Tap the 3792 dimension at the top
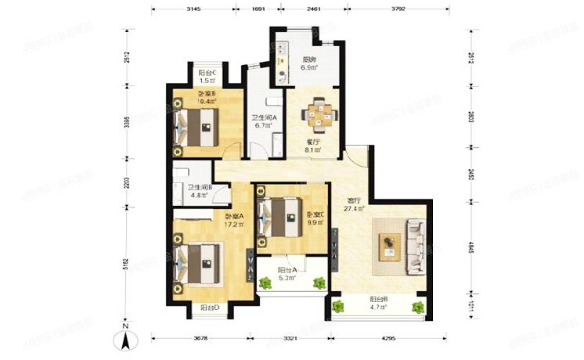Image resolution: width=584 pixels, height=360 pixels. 398,10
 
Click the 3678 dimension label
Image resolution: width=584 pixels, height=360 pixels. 203,339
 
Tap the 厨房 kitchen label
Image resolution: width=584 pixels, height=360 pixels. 308,59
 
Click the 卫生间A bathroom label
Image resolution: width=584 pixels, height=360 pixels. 262,117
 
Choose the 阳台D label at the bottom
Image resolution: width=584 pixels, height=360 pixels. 209,308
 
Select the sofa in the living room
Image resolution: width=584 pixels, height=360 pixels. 413,246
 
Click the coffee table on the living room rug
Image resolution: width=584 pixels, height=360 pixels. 389,247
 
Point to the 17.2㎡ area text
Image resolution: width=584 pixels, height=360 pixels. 235,225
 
